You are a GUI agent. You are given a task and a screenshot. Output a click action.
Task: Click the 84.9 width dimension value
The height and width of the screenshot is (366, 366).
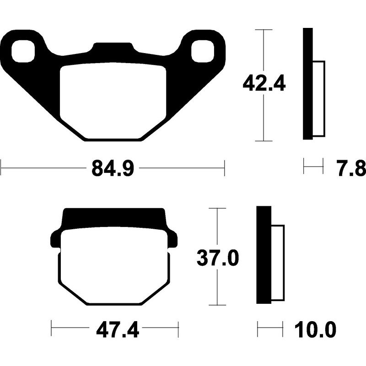(113, 168)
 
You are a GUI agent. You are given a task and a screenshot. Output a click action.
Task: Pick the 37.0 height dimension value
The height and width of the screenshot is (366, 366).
(217, 259)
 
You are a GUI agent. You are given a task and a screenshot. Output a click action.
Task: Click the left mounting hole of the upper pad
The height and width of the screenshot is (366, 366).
(24, 51)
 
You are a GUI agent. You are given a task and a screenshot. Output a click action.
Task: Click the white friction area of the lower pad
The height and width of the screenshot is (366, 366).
(114, 265)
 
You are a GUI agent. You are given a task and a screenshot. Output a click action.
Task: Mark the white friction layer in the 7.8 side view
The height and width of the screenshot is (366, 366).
(318, 98)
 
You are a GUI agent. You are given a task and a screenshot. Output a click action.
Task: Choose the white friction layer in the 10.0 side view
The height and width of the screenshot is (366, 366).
(278, 263)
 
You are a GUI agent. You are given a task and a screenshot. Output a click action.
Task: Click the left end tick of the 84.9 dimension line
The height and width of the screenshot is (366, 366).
(1, 168)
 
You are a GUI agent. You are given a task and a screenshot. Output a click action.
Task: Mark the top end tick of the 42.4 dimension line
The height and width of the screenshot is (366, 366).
(264, 29)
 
